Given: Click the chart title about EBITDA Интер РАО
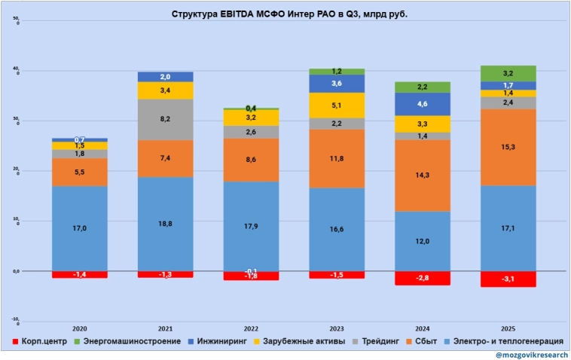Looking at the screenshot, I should pos(285,14).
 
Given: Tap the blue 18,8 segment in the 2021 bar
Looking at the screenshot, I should pos(165,224).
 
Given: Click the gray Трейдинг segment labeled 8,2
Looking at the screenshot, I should pos(165,119).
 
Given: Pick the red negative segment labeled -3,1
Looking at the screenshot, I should pos(508,279).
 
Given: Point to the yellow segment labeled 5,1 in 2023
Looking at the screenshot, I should pos(337,105).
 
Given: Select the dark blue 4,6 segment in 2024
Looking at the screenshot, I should pos(423,104).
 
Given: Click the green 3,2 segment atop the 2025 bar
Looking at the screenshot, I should pos(508,73).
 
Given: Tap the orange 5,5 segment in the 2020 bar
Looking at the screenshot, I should pos(79,172).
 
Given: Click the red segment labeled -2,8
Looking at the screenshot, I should pos(423,279).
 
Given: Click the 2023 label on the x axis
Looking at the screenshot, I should pos(337,328).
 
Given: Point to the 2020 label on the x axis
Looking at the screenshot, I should pos(79,328).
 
